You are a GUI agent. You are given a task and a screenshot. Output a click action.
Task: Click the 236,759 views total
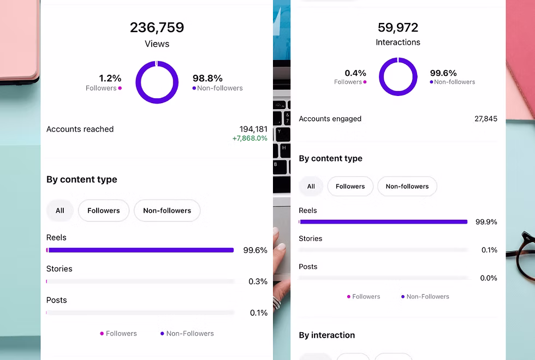157,27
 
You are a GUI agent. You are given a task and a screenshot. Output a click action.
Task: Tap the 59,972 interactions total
398,27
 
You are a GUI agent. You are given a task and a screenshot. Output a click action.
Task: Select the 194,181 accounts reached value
253,129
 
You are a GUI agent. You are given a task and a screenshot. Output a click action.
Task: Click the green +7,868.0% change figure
249,139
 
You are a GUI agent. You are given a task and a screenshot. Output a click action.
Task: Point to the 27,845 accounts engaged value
486,119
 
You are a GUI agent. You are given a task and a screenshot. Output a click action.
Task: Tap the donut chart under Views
157,82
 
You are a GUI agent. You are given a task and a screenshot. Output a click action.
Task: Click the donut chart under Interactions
398,77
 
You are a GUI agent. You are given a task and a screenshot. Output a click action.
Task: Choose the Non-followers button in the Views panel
167,211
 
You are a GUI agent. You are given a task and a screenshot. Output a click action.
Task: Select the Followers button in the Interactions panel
350,187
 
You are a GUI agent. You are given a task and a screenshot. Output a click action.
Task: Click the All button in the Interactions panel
311,187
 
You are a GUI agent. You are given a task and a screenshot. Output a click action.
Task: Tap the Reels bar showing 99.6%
140,250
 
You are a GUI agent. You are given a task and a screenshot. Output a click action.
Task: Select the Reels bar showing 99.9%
383,222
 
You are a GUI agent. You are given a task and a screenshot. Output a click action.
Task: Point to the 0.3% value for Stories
258,281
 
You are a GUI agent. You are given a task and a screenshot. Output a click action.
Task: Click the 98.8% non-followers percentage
207,79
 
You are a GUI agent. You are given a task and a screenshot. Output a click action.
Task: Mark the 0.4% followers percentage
355,73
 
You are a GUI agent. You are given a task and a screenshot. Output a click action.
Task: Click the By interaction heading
326,335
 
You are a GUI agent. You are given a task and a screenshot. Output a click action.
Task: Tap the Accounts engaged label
330,119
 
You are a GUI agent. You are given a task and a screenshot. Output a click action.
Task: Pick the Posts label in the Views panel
56,300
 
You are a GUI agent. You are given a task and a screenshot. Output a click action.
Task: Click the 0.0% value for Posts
488,278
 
